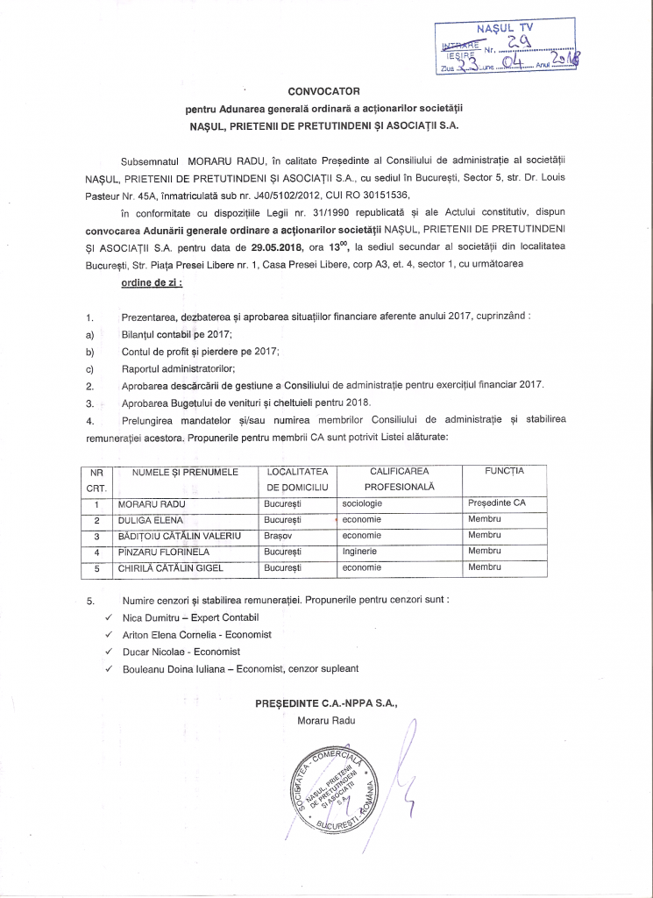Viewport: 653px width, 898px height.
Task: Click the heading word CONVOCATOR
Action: [x=324, y=90]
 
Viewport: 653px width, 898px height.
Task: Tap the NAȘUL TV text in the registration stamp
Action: [x=511, y=28]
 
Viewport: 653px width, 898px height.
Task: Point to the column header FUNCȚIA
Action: [x=504, y=472]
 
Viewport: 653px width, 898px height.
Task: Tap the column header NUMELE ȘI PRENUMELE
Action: [x=185, y=473]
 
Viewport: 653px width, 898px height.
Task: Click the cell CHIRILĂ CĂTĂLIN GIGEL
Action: [x=171, y=567]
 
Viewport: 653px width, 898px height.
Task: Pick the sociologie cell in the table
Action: [x=362, y=504]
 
